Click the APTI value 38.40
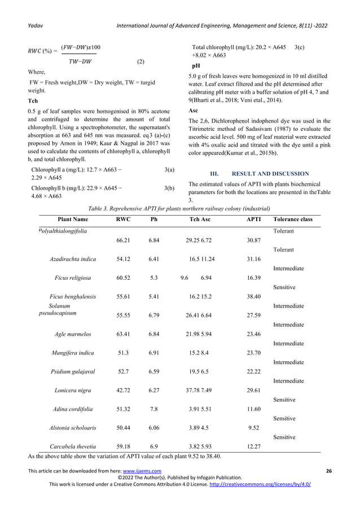253,296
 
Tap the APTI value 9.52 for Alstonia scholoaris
253,427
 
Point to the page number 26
328,471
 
